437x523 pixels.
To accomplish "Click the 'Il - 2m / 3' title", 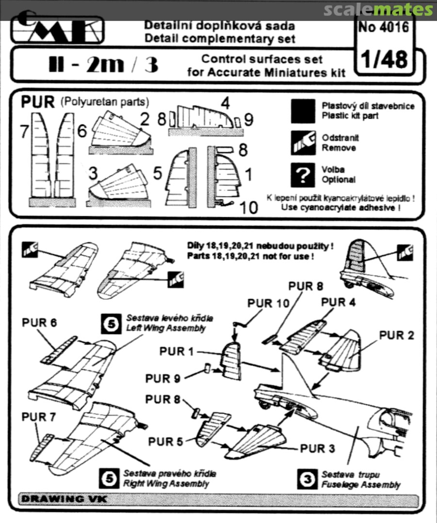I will [104, 65].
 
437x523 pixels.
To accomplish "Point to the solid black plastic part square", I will [304, 111].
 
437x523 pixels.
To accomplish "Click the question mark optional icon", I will [304, 175].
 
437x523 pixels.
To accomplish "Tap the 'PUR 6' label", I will [40, 323].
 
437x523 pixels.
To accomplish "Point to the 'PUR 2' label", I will [397, 335].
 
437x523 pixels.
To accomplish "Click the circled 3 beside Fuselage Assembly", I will [307, 479].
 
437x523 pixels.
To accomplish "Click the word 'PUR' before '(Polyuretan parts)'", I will [38, 103].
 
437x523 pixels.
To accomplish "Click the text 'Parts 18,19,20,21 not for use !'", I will [260, 256].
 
